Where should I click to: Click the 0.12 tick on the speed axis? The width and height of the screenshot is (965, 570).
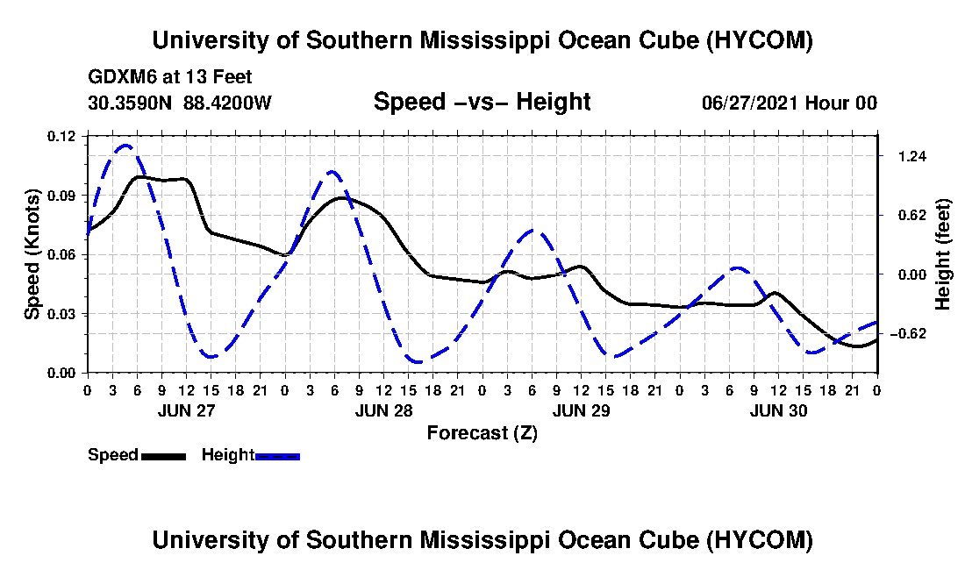click(61, 136)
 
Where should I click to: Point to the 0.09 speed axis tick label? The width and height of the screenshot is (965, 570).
click(61, 196)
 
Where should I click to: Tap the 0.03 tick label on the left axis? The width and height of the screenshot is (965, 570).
click(61, 314)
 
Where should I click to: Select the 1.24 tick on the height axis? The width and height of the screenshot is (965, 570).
click(912, 156)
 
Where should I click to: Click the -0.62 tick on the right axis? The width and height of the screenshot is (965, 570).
click(909, 334)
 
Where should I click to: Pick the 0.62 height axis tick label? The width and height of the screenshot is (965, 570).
click(912, 215)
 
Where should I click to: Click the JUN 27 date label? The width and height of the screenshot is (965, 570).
click(186, 410)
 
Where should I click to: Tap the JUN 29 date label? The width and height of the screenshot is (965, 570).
click(581, 410)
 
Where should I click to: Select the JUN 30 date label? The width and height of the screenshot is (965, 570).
click(778, 410)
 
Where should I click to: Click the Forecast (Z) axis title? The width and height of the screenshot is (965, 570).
click(482, 433)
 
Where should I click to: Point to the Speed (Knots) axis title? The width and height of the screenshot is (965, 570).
click(32, 254)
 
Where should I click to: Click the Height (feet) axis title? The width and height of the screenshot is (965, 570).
click(943, 254)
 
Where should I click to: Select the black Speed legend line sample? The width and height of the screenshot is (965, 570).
click(164, 456)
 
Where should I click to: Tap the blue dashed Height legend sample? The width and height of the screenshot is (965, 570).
click(277, 456)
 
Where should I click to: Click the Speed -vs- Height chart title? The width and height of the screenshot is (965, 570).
click(482, 102)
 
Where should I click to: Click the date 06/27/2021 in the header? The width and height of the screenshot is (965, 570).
click(750, 103)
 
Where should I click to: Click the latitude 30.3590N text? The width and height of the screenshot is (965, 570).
click(130, 103)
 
